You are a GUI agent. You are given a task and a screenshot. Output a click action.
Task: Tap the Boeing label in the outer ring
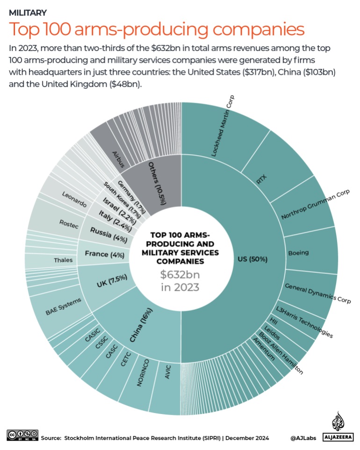298,253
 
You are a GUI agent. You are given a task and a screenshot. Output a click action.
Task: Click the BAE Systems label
64,307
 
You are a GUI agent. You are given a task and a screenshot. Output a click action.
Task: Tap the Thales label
63,260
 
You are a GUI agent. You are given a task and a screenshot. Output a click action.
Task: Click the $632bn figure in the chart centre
180,274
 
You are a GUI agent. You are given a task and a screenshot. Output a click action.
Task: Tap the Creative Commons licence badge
22,436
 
